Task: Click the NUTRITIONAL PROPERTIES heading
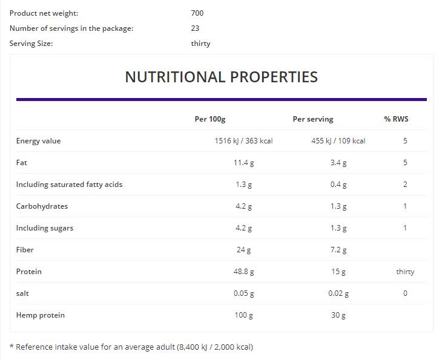[221, 77]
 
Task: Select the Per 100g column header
[209, 119]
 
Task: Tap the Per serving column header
[312, 119]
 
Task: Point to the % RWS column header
[396, 119]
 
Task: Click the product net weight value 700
[197, 13]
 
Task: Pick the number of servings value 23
[194, 28]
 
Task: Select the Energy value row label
[38, 141]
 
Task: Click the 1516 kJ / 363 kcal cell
[243, 141]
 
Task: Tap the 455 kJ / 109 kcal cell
[338, 141]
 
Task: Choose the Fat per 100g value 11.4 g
[244, 163]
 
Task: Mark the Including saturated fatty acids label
[69, 185]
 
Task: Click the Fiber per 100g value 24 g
[244, 250]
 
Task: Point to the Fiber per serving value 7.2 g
[338, 250]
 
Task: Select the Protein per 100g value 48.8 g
[244, 272]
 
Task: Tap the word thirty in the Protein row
[405, 272]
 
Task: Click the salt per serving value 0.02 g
[338, 293]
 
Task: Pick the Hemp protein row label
[40, 315]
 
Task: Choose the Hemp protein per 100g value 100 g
[244, 315]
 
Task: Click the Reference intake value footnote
[131, 347]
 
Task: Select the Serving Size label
[31, 44]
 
